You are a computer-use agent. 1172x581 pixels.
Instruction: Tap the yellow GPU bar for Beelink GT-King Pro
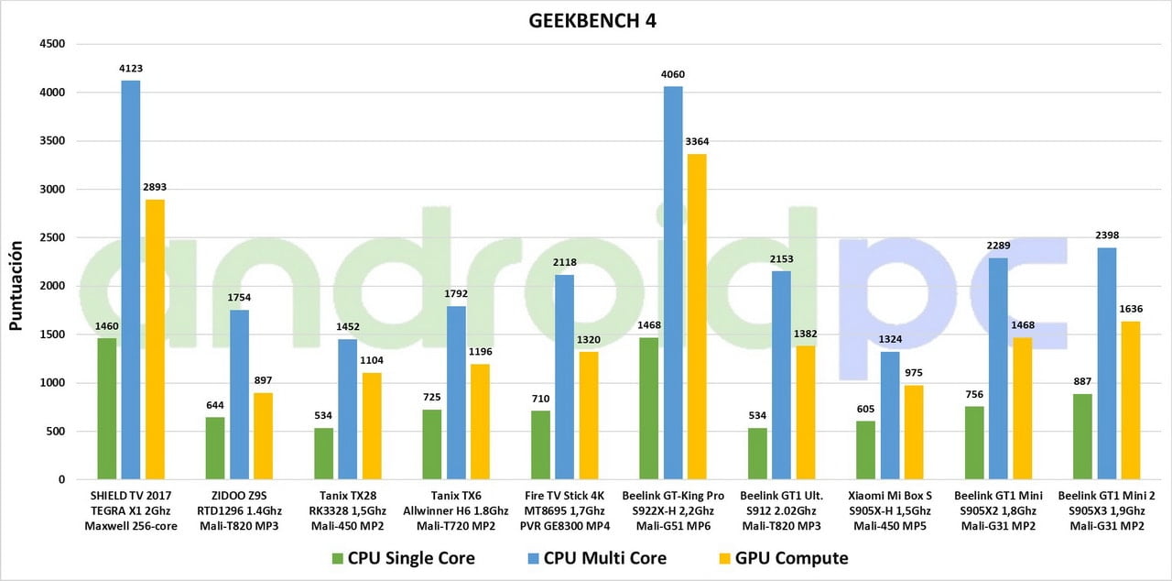(x=698, y=316)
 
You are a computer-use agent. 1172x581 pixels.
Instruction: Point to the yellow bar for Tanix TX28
(x=372, y=426)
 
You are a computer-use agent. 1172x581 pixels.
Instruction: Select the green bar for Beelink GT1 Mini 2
(x=1082, y=436)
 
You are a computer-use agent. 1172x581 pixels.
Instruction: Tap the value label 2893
(x=155, y=187)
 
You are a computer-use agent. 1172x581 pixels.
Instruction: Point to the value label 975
(x=914, y=373)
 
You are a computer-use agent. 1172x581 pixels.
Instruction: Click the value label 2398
(x=1107, y=236)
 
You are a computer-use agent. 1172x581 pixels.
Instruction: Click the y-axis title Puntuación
(x=16, y=285)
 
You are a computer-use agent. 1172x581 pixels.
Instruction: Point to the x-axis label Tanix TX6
(x=456, y=495)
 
